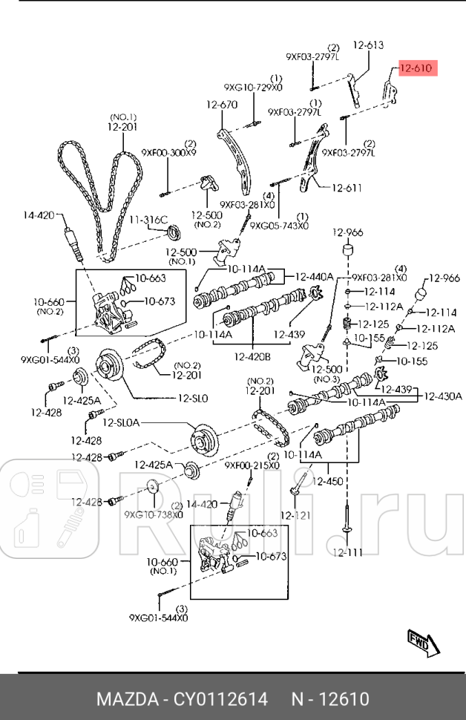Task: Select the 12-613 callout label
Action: point(368,46)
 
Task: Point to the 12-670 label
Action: point(221,105)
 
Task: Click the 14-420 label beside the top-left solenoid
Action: point(39,216)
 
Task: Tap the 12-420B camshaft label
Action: point(252,357)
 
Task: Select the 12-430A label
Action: point(443,396)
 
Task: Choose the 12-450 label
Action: point(327,481)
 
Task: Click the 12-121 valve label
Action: point(295,514)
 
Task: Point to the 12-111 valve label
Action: point(347,552)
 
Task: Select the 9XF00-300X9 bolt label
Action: point(169,153)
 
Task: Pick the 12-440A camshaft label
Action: point(314,276)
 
